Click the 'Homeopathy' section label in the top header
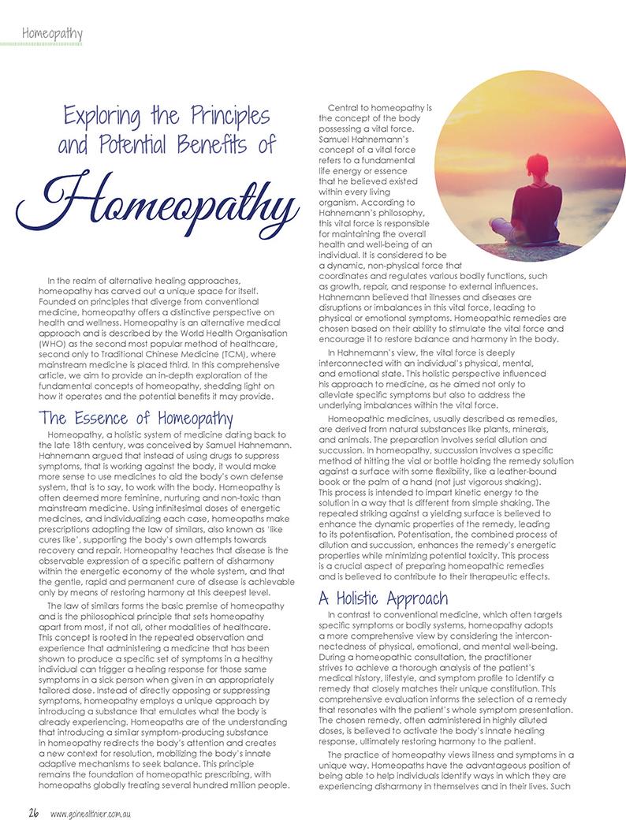[54, 33]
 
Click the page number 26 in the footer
[35, 814]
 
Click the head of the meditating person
[531, 170]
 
